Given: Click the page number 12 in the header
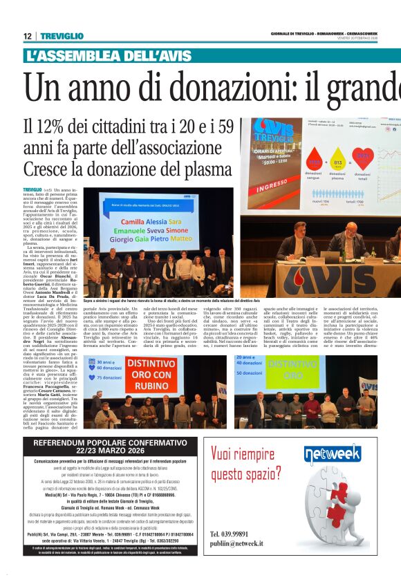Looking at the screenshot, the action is click(x=27, y=36).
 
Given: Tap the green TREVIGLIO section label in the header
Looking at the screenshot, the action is click(x=62, y=36).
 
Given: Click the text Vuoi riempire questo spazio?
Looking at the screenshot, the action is click(x=246, y=464).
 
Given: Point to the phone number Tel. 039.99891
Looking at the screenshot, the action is click(x=234, y=534).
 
